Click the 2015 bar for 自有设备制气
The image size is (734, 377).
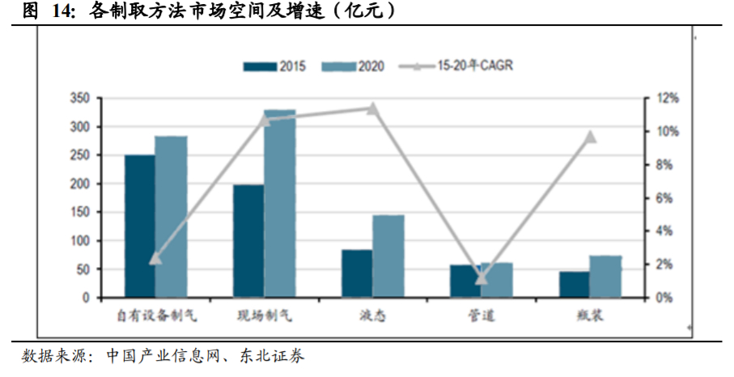(x=139, y=227)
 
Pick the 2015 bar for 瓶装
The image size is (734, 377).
(x=575, y=285)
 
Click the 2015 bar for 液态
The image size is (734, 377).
(x=357, y=273)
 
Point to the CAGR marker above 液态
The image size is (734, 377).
(x=372, y=108)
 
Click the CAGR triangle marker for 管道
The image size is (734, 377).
(x=482, y=279)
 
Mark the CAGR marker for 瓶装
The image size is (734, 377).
(x=590, y=137)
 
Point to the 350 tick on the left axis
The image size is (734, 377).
(x=79, y=99)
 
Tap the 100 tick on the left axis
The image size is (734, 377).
(x=79, y=241)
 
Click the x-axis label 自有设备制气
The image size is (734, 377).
(x=155, y=315)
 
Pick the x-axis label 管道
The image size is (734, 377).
(x=482, y=315)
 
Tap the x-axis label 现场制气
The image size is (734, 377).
(x=264, y=315)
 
